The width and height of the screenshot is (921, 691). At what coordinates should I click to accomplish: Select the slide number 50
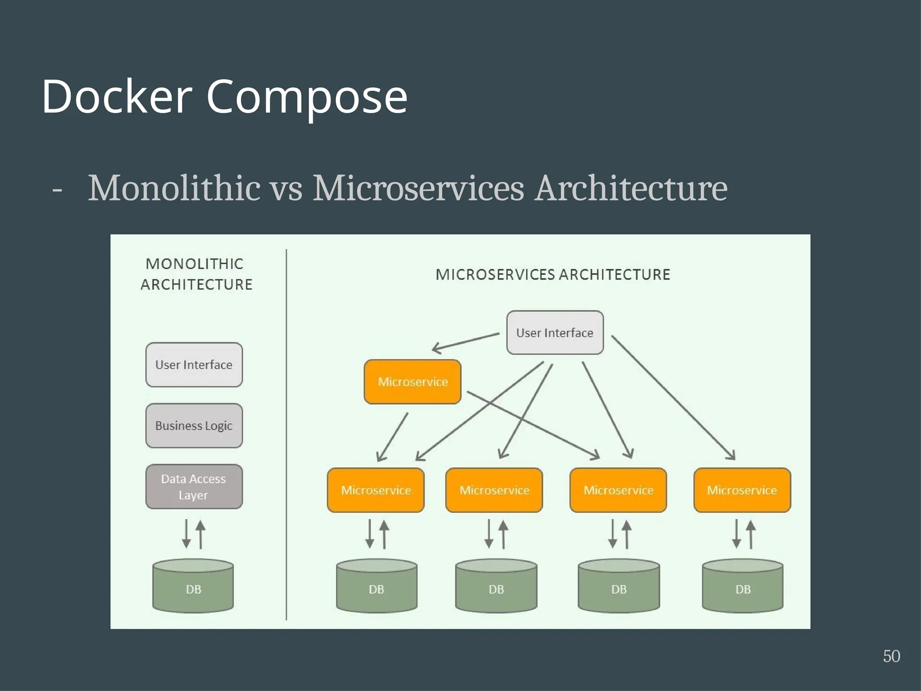click(891, 656)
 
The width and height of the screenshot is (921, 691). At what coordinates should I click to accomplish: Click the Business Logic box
click(194, 426)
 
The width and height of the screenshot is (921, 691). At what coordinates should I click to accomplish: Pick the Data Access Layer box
click(194, 487)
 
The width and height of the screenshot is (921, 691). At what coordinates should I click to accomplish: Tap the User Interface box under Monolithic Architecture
click(194, 365)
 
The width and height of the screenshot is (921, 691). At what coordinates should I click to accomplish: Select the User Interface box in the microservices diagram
click(555, 333)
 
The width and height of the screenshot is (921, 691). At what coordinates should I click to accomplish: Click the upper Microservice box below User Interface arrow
click(412, 382)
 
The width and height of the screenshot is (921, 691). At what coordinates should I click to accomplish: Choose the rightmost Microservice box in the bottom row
click(742, 490)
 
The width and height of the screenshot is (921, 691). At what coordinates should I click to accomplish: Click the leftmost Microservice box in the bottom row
click(376, 490)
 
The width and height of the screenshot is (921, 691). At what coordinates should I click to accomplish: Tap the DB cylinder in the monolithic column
click(193, 586)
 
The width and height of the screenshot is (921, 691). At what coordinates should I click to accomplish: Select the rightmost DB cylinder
click(742, 586)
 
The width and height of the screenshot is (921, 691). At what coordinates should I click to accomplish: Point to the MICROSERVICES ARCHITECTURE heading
click(553, 274)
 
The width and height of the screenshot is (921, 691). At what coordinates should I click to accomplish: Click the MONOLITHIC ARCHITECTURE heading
click(196, 274)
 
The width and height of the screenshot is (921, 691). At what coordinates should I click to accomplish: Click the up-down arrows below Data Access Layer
click(194, 534)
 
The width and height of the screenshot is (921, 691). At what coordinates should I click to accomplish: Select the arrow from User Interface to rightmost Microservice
click(673, 398)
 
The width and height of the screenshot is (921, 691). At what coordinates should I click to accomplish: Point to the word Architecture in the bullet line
click(630, 188)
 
